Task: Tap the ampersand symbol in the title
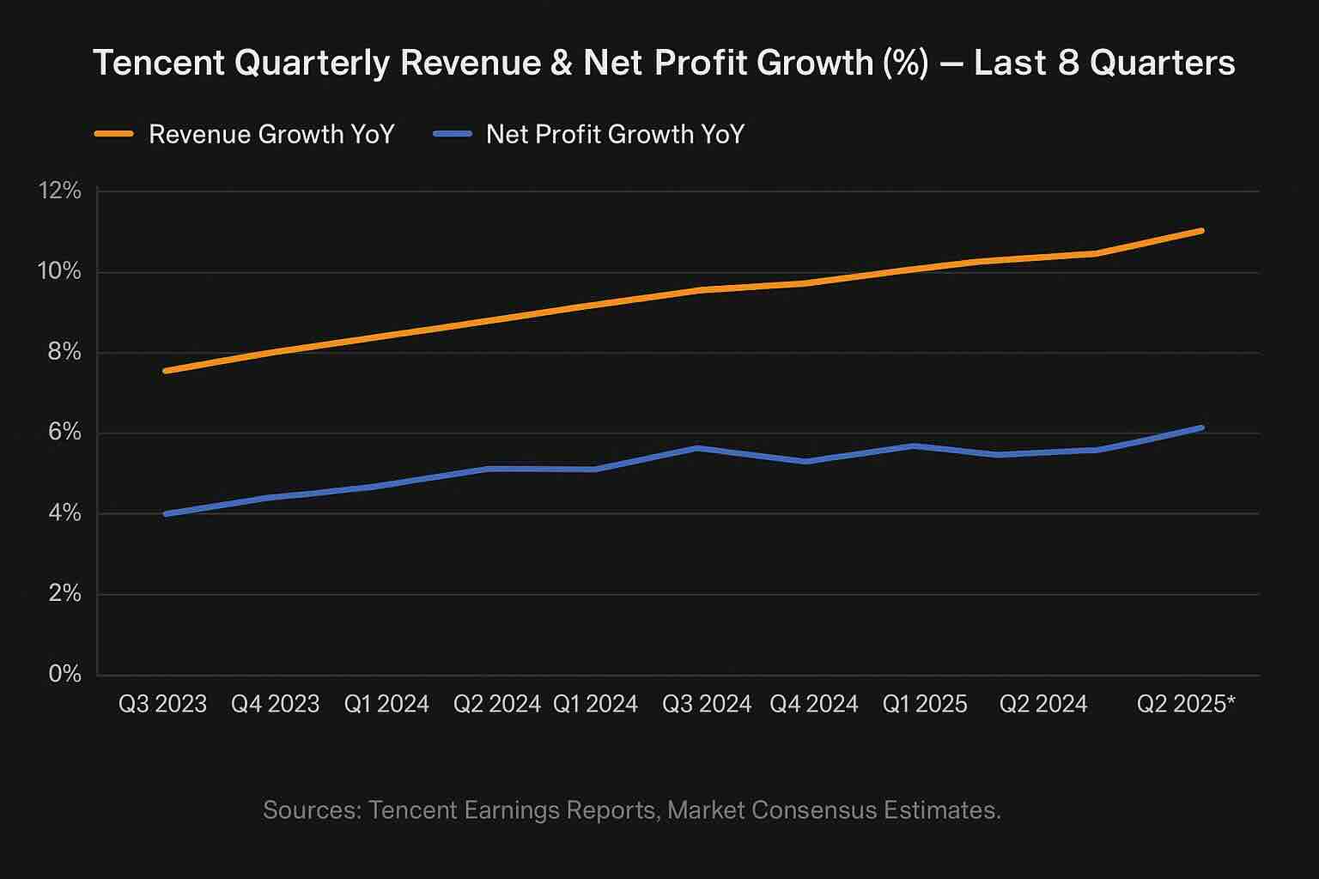(561, 64)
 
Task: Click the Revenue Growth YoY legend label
(271, 135)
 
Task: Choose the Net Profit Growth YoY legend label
(615, 135)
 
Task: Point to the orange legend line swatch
(113, 135)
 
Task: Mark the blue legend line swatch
(453, 135)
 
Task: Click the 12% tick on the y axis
(59, 191)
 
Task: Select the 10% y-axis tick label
(59, 272)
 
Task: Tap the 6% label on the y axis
(64, 433)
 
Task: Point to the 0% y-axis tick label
(64, 674)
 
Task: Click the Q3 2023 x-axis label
(162, 705)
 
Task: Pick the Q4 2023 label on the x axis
(275, 705)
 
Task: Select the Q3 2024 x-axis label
(707, 705)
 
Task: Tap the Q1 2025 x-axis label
(925, 705)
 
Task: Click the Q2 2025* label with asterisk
(1186, 705)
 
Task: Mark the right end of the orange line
(1201, 230)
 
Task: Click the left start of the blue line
(165, 513)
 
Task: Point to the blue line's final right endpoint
(1201, 427)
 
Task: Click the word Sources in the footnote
(311, 810)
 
